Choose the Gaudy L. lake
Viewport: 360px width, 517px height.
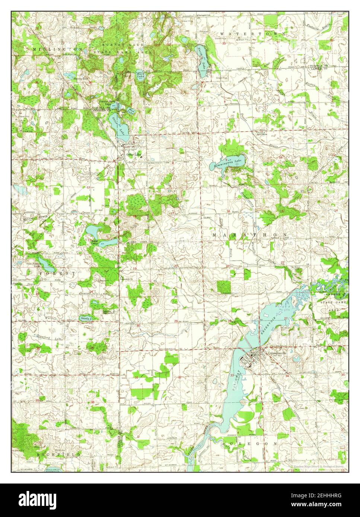pyautogui.click(x=85, y=318)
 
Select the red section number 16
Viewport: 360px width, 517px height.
pyautogui.click(x=228, y=211)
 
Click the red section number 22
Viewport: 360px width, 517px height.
pyautogui.click(x=283, y=263)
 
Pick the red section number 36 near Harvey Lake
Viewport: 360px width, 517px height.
pyautogui.click(x=90, y=83)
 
